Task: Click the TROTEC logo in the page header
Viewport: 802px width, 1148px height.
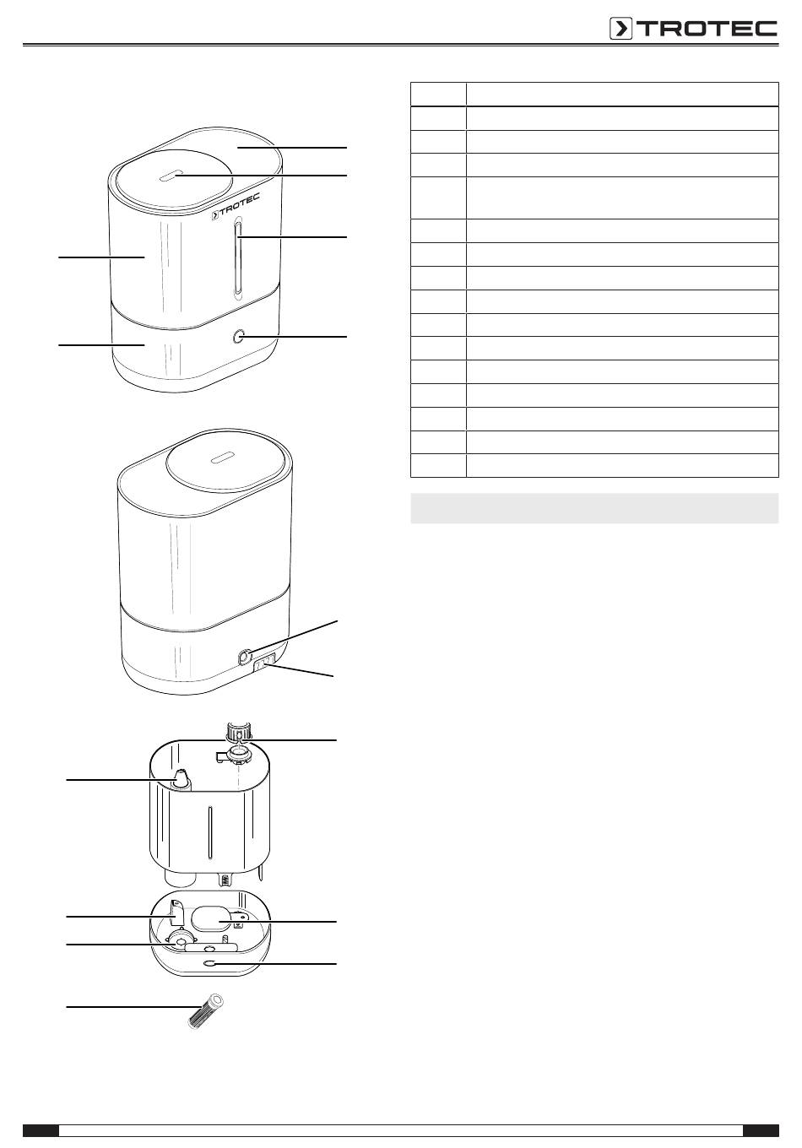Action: [x=693, y=29]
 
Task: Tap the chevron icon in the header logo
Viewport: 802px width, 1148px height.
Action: [x=620, y=29]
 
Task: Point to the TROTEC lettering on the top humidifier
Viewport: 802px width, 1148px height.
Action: [x=236, y=205]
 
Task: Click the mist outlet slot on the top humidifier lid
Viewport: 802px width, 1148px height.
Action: [x=169, y=176]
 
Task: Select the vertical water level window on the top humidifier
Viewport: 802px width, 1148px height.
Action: [x=238, y=257]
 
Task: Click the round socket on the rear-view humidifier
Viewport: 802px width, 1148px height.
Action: [x=245, y=656]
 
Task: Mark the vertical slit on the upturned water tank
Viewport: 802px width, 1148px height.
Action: [x=209, y=831]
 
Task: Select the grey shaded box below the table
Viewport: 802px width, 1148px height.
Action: [x=594, y=508]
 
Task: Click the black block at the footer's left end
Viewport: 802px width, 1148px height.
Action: [x=41, y=1130]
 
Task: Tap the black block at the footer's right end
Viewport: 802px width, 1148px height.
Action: [x=761, y=1130]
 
